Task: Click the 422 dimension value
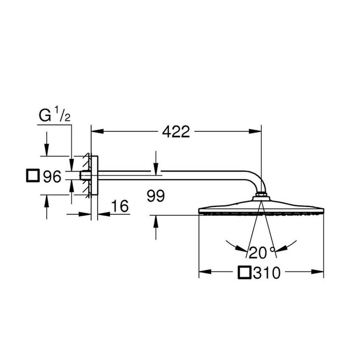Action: click(x=176, y=132)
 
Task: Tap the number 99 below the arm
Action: click(x=157, y=197)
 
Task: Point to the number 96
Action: click(x=51, y=176)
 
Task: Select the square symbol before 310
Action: click(x=245, y=272)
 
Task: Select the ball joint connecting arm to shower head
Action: click(x=261, y=197)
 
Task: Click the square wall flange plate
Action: click(x=95, y=176)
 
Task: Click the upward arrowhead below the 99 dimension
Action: click(x=156, y=221)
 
